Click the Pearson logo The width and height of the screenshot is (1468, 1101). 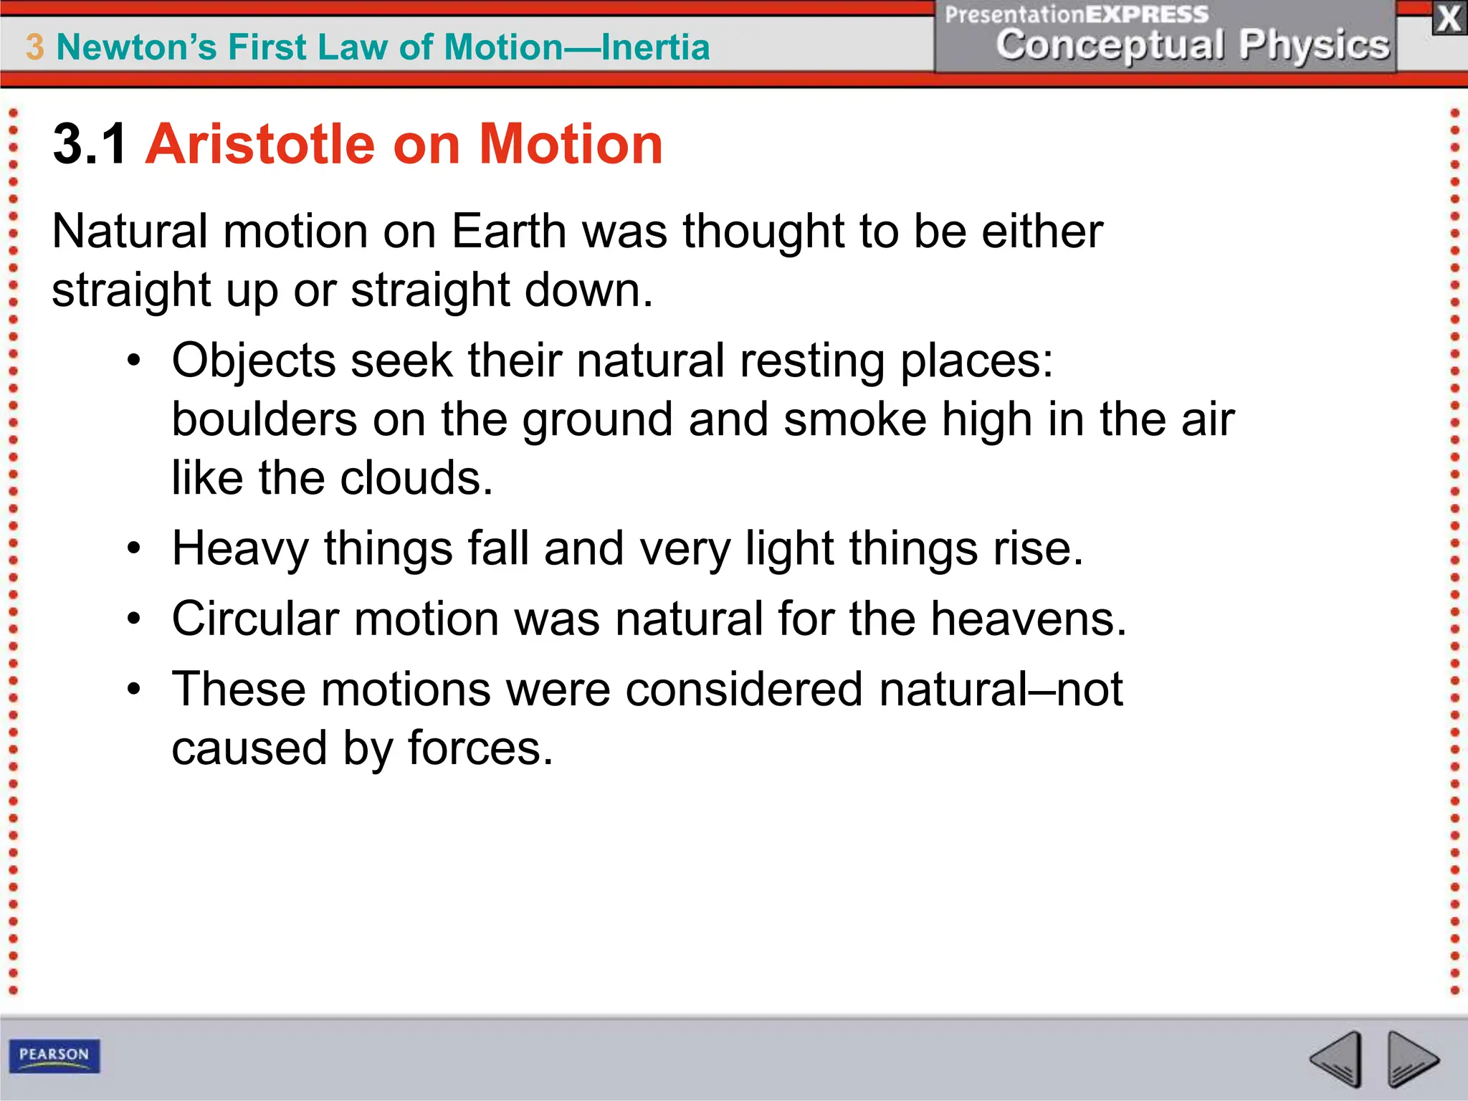coord(54,1055)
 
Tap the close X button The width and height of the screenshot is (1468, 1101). coord(1449,19)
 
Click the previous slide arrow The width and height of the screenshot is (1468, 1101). coord(1336,1058)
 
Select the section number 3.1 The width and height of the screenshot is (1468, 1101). coord(90,145)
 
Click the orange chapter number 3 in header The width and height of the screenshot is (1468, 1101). coord(34,47)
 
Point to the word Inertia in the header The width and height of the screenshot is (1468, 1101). coord(655,47)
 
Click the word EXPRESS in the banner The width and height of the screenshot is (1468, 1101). coord(1147,14)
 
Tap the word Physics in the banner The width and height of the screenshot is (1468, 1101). coord(1315,44)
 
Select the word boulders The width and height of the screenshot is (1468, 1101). coord(264,419)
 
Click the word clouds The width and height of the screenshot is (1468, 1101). coord(416,477)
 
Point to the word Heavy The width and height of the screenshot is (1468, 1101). coord(240,549)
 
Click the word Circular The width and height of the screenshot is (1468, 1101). coord(255,618)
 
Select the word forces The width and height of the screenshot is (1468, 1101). coord(480,748)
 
